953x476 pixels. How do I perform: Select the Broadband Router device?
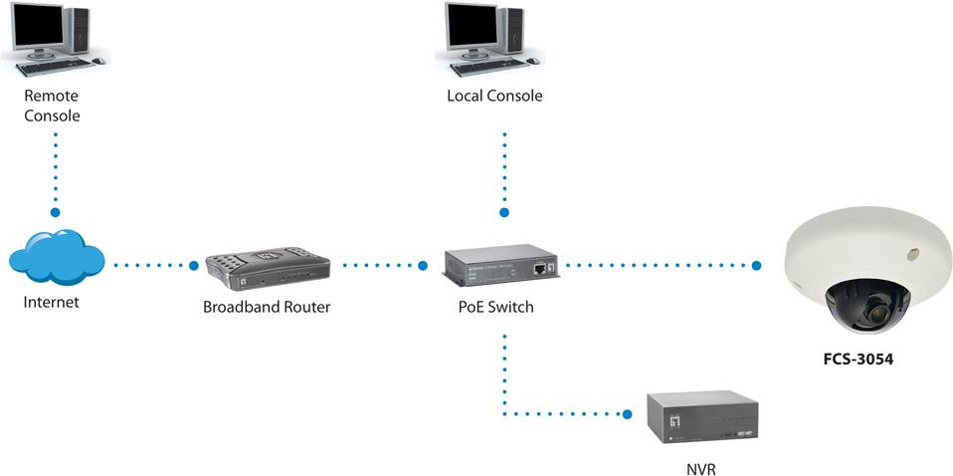click(267, 266)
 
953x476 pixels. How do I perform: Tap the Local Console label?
click(495, 97)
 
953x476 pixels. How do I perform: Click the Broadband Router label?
click(267, 308)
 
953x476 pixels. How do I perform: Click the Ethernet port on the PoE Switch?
click(538, 268)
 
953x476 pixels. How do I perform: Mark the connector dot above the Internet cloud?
click(56, 213)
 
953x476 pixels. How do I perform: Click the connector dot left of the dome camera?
click(757, 266)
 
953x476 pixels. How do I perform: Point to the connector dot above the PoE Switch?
click(503, 213)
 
